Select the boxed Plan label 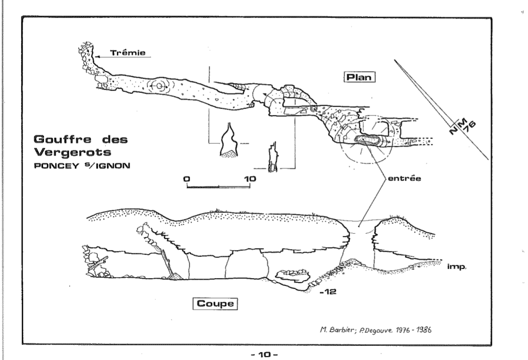[x=359, y=77]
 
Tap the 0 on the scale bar [x=186, y=179]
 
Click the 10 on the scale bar [x=249, y=179]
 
